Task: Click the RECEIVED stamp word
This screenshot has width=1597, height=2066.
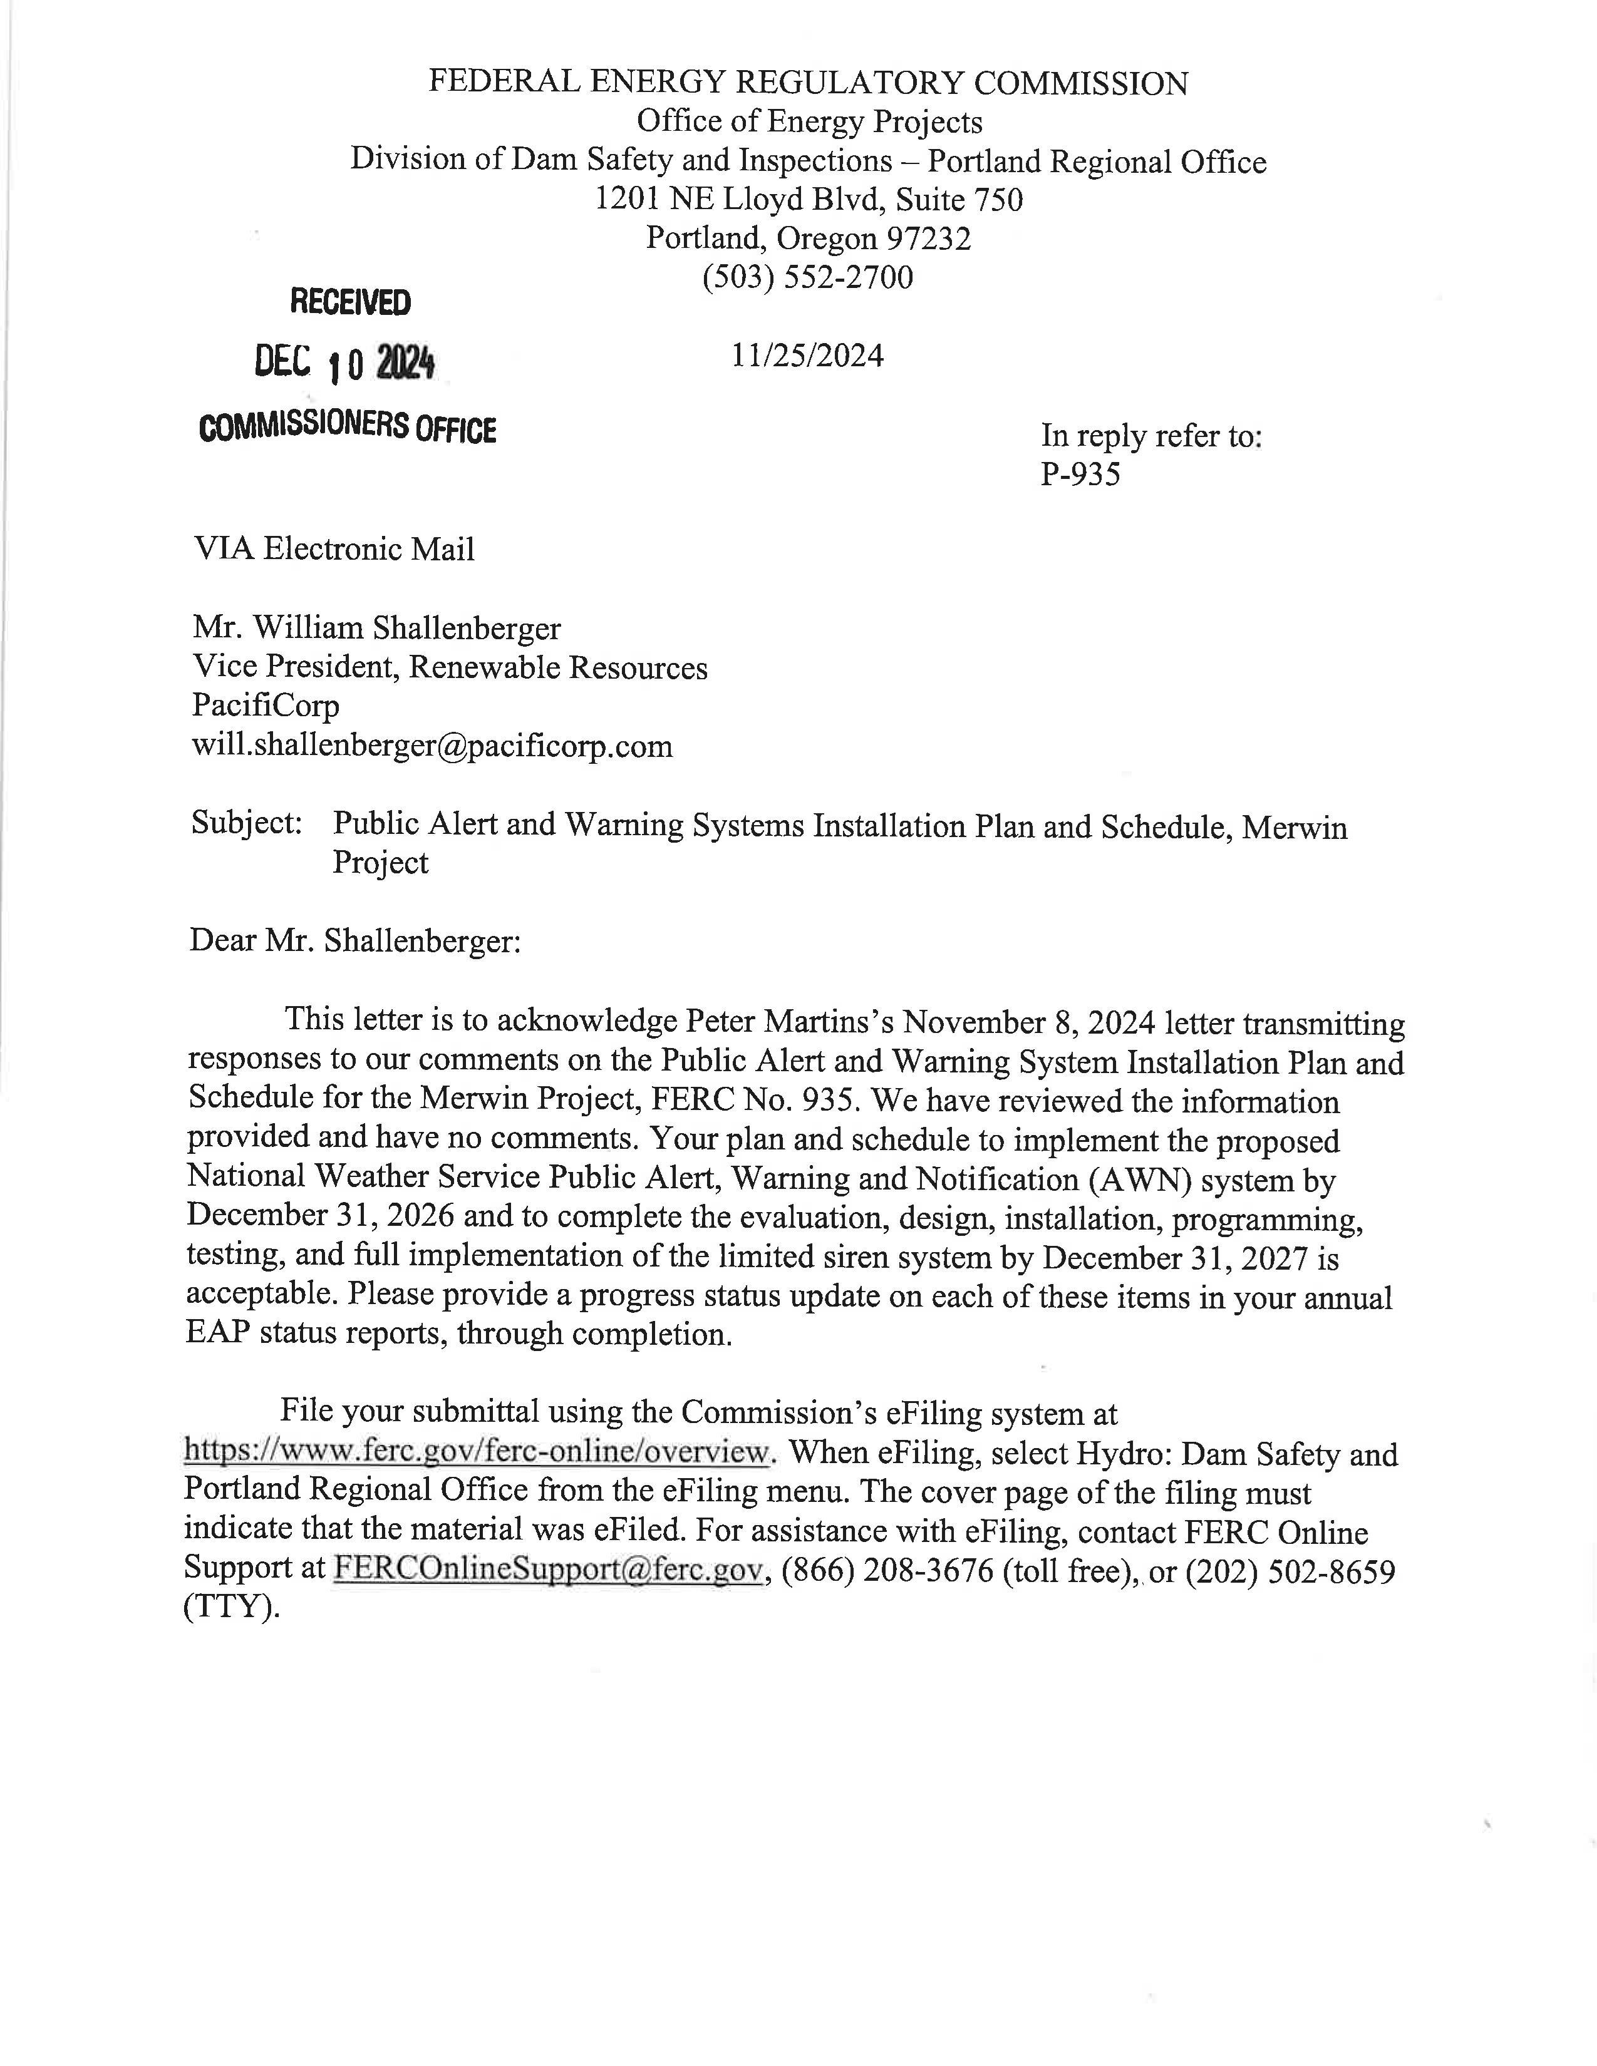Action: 350,303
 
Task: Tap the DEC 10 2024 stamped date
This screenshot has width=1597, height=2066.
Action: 344,363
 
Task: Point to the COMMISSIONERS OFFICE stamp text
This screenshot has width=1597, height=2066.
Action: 347,428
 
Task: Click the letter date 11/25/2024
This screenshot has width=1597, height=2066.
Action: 807,356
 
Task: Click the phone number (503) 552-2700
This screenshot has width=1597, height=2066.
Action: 807,277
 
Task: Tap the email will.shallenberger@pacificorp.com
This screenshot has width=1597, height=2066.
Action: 432,746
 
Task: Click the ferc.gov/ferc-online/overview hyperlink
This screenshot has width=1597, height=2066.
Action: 476,1451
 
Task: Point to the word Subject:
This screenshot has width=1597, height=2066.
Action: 246,823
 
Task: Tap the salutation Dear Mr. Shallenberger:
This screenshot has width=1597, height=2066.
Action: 354,940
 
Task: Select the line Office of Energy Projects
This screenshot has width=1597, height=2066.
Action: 809,122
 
